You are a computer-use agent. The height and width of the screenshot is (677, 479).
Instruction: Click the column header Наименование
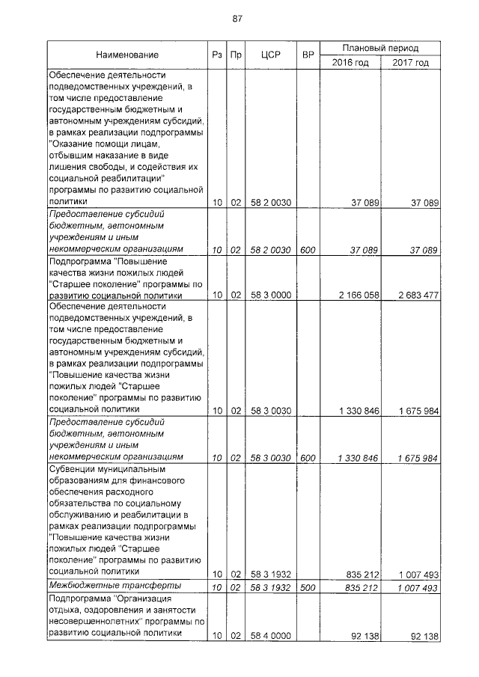126,55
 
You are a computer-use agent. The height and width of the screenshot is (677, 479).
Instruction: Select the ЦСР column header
270,55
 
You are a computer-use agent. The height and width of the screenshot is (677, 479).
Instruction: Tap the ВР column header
308,55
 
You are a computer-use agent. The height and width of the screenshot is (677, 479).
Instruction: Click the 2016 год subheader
350,62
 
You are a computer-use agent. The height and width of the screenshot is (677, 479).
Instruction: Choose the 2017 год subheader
410,62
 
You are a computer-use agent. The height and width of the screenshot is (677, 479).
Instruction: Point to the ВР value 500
308,589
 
